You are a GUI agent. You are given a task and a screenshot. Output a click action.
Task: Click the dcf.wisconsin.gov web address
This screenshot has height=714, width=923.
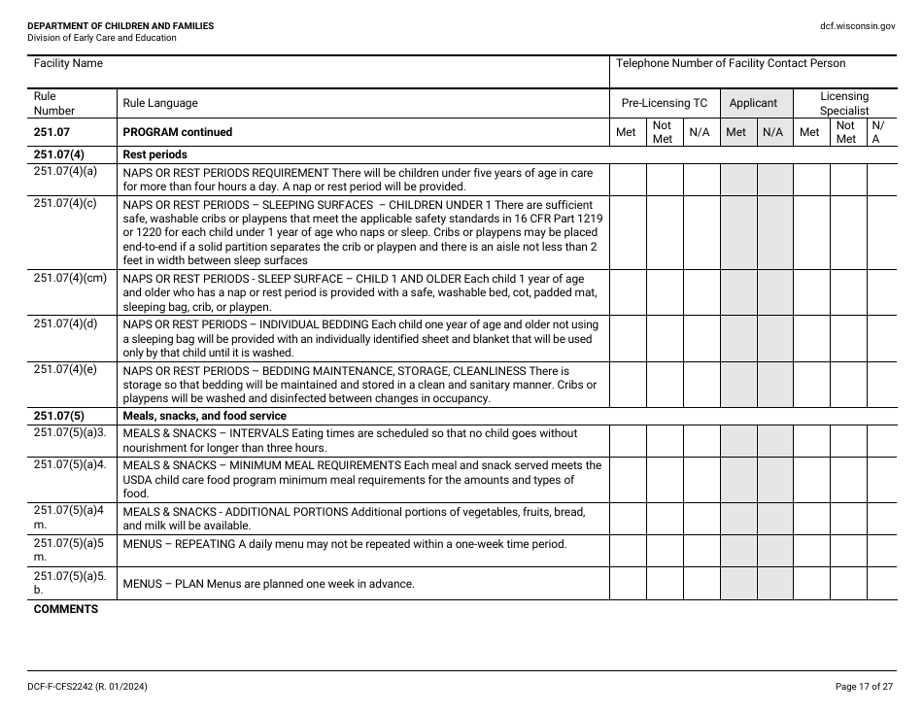856,26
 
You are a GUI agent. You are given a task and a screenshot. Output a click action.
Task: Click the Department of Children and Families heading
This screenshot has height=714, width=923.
120,26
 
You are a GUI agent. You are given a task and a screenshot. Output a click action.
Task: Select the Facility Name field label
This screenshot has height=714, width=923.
68,64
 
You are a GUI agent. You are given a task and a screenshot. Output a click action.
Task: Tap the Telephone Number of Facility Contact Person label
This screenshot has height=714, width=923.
731,64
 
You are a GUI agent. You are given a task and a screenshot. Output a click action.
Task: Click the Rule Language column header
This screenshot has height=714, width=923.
159,103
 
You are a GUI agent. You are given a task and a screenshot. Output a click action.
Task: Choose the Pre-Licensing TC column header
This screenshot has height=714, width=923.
665,103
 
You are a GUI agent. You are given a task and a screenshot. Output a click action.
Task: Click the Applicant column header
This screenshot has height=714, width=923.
753,103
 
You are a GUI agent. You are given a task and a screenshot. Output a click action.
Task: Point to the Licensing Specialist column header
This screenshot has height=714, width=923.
843,103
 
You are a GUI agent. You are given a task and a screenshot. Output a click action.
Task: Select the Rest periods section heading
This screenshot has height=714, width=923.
154,154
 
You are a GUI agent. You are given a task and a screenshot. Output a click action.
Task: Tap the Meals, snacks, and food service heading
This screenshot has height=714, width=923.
204,416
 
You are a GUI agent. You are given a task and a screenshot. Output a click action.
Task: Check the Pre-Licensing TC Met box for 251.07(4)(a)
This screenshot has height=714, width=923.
628,180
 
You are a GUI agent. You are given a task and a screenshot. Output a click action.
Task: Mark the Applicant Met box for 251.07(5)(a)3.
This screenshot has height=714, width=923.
738,441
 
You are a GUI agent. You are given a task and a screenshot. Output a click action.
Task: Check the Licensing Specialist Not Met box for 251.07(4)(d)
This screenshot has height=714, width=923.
847,338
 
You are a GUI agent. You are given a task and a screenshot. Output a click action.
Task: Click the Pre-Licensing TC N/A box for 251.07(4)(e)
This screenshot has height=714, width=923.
701,384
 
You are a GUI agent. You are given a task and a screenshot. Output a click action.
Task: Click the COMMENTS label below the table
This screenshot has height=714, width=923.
66,609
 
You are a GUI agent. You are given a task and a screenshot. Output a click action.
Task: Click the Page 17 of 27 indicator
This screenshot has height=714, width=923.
864,687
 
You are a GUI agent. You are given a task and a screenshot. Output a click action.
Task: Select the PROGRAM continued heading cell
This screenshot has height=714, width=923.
178,132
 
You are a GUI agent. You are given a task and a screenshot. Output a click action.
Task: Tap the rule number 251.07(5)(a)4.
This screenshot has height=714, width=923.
69,464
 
